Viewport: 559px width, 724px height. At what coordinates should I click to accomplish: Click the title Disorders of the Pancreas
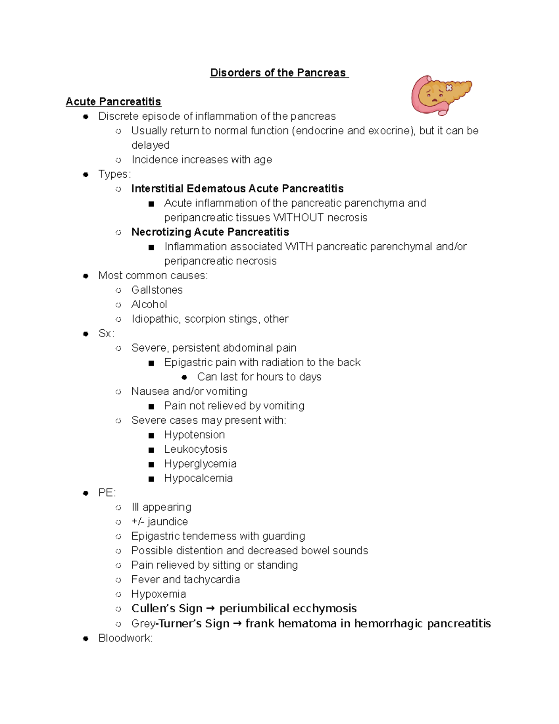tap(279, 73)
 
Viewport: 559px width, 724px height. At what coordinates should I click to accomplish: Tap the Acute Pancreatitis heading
tap(113, 102)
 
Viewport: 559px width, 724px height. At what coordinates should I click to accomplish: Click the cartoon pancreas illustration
tap(440, 95)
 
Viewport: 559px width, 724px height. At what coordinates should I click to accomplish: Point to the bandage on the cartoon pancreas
tap(449, 88)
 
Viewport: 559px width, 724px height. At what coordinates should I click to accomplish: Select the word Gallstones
tap(157, 290)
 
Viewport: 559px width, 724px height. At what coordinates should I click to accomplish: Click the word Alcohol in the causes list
tap(149, 304)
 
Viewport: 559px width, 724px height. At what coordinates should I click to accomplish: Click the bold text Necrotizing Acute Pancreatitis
tap(210, 232)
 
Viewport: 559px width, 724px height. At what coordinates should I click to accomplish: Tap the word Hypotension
tap(194, 435)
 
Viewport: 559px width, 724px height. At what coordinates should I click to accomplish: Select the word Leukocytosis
tap(196, 449)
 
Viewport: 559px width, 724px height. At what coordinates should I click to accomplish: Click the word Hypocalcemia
tap(198, 478)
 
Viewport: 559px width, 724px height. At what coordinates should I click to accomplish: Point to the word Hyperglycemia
tap(200, 464)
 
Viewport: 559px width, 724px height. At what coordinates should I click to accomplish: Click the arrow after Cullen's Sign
tap(211, 609)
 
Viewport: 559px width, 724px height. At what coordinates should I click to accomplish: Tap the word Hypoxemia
tap(158, 594)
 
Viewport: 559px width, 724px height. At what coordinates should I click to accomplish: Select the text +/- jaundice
tap(159, 522)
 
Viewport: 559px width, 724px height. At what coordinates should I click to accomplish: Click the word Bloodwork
tap(124, 638)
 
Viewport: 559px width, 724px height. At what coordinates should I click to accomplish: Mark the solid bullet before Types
tap(86, 175)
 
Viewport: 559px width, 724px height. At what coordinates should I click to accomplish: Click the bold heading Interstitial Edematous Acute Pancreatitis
tap(237, 189)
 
